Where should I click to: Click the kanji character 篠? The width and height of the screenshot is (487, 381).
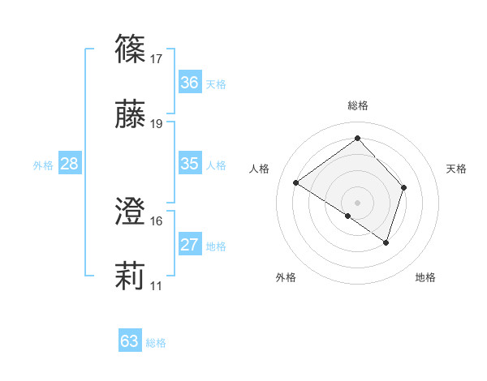pos(131,49)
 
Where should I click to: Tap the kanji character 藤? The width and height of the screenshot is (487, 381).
pos(131,115)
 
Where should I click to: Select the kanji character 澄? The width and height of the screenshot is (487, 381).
pos(131,213)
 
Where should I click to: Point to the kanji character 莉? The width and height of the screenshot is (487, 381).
pos(131,278)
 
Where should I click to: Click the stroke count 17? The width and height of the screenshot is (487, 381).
pos(157,59)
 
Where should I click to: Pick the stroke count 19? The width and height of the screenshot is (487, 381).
pos(157,124)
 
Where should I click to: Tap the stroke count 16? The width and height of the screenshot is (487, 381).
pos(157,221)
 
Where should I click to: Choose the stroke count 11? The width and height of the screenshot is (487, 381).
pos(157,286)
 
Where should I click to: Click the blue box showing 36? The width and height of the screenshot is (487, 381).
pos(189,83)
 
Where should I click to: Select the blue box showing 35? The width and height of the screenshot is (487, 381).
pos(189,164)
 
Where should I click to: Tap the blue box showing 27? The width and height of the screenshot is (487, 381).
pos(189,245)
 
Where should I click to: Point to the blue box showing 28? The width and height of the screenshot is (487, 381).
pos(69,164)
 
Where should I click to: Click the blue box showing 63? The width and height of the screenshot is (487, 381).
pos(129,341)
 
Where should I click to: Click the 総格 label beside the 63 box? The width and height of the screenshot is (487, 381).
pos(156,343)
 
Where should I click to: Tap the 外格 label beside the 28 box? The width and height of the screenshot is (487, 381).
pos(43,165)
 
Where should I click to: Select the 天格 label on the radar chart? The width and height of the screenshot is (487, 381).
pos(456,169)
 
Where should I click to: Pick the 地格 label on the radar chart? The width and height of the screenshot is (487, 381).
pos(425,277)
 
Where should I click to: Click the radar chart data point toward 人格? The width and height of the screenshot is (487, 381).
pos(296,183)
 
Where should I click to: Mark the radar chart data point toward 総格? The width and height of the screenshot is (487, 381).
pos(357,138)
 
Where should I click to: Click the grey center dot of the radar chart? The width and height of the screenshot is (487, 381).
pos(357,201)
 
